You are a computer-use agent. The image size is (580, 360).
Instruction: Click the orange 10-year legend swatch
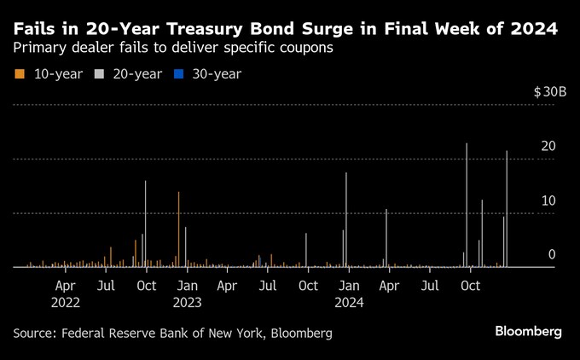(x=19, y=74)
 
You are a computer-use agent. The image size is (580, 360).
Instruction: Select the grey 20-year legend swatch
(x=100, y=74)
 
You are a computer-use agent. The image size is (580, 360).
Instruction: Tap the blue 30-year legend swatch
(x=180, y=74)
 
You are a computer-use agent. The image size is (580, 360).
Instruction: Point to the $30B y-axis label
(x=549, y=92)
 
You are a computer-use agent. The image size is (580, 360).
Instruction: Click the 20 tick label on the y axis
(x=548, y=147)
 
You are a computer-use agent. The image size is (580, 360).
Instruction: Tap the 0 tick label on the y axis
(x=552, y=254)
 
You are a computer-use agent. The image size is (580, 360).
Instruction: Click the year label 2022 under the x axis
(x=66, y=302)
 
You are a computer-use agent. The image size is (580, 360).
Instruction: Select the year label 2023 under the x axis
(x=187, y=302)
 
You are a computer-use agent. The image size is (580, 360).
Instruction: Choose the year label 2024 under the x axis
(x=348, y=302)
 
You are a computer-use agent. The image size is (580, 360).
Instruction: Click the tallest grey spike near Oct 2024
(x=467, y=205)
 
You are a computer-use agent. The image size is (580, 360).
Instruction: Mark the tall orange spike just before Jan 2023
(x=178, y=229)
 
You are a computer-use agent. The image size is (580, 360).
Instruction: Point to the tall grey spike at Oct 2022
(x=146, y=224)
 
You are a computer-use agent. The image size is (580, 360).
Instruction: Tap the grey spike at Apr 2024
(x=386, y=237)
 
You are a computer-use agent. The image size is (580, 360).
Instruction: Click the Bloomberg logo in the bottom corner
(x=528, y=331)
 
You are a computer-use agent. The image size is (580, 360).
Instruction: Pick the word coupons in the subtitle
(x=303, y=49)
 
